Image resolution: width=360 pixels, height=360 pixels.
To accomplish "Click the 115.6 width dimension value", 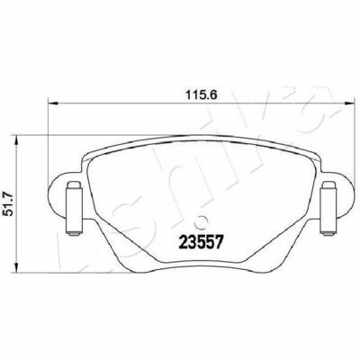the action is click(201, 95).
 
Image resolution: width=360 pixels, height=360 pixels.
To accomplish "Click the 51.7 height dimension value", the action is click(8, 204).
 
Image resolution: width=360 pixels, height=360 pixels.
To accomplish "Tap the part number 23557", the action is click(201, 242).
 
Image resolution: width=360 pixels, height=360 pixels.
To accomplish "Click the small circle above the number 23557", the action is click(201, 222).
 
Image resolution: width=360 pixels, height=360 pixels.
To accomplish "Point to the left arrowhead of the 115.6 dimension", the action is click(52, 103).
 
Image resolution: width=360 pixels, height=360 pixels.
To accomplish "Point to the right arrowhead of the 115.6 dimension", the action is click(349, 103).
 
